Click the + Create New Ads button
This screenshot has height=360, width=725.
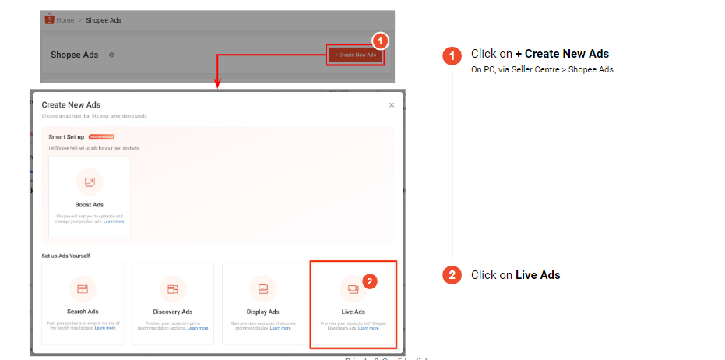click(x=355, y=55)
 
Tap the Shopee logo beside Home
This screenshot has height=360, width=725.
click(x=49, y=19)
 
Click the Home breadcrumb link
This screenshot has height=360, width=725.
click(x=65, y=19)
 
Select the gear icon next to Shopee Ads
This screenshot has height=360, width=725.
click(x=112, y=55)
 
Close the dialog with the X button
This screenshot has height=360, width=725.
click(x=392, y=104)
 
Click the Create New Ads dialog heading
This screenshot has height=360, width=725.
click(x=71, y=104)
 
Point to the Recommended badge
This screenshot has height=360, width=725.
click(x=101, y=136)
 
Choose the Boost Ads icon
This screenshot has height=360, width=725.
click(x=90, y=182)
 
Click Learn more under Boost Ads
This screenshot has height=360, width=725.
click(x=114, y=221)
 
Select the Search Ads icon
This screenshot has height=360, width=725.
click(x=83, y=289)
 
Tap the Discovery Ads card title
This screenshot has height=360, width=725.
click(x=173, y=312)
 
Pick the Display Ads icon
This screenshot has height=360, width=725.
click(x=263, y=289)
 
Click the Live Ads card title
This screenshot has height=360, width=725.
click(x=354, y=312)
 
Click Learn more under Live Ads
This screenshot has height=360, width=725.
click(x=368, y=328)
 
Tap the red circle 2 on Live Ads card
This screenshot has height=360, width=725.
click(x=371, y=281)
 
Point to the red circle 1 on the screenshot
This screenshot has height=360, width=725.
click(x=379, y=40)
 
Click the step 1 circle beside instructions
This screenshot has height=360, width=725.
click(x=452, y=55)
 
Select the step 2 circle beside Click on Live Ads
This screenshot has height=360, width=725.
click(x=452, y=275)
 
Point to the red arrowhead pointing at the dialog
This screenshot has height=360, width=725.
click(x=217, y=85)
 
